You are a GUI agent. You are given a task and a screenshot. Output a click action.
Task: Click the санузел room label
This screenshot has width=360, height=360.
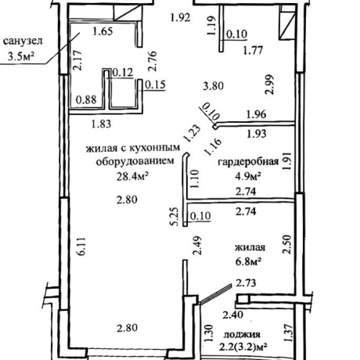(x=23, y=41)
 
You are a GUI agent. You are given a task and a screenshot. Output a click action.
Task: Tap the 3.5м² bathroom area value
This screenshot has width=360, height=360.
(x=21, y=56)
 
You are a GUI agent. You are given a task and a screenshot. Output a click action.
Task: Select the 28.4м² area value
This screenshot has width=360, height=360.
(x=132, y=177)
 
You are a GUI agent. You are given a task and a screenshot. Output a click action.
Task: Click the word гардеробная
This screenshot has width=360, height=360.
(x=248, y=162)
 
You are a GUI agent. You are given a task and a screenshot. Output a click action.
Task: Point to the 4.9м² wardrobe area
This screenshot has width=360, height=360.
(x=248, y=176)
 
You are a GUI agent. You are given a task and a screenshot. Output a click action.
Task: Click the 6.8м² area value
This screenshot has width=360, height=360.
(x=249, y=261)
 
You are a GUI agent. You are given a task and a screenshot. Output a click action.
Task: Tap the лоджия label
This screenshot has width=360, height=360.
(x=242, y=334)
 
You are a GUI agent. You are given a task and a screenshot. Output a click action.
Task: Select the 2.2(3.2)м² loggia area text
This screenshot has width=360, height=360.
(x=243, y=347)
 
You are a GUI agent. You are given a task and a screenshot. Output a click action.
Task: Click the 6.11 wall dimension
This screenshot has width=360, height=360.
(x=81, y=247)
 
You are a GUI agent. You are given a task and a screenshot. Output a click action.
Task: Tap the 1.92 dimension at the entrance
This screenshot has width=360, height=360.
(x=180, y=18)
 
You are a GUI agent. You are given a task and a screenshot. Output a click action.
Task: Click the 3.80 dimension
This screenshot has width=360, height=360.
(x=214, y=85)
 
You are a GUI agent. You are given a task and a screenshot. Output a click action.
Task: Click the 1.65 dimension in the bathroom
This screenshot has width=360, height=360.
(x=103, y=31)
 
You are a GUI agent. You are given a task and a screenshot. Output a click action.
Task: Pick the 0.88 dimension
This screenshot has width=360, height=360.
(x=86, y=99)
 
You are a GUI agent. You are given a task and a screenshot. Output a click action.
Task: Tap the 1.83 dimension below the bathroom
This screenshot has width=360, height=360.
(x=102, y=124)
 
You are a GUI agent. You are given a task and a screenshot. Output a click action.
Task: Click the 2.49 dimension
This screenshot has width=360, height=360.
(x=196, y=245)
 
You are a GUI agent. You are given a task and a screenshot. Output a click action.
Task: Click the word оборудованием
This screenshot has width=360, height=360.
(x=135, y=161)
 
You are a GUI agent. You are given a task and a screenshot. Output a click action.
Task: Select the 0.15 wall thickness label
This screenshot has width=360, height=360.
(x=156, y=85)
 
